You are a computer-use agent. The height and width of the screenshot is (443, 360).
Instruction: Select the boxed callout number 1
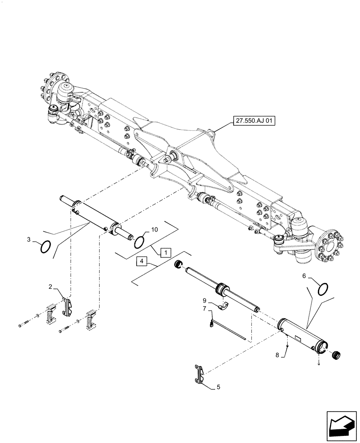point(164,253)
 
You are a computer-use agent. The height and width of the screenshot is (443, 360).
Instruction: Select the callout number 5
point(218,387)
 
